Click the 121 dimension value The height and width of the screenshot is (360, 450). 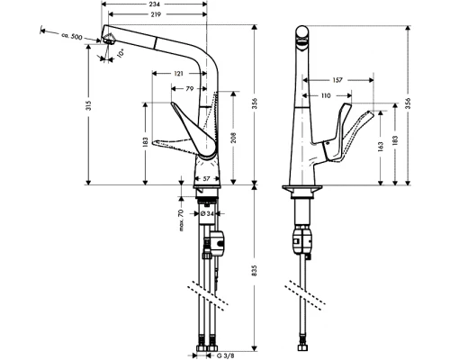[x=178, y=73]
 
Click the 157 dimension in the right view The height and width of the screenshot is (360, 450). [x=338, y=80]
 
